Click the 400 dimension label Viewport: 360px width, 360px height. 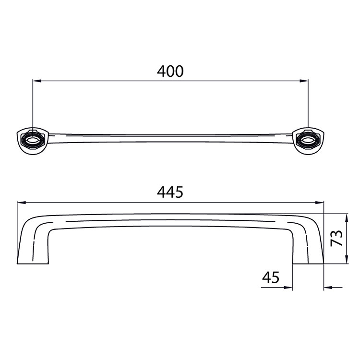pos(170,71)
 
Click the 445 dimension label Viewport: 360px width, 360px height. pos(170,192)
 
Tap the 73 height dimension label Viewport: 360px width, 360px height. pos(336,238)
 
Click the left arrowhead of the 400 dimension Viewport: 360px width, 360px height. pos(37,81)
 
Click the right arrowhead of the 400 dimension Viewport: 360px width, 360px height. pos(304,81)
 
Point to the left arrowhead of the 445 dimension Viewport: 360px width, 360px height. pos(21,203)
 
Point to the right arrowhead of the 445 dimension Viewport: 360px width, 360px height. pos(319,203)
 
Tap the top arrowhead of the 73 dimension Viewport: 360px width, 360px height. pos(347,218)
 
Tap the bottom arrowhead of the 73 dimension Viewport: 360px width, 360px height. pos(347,259)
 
